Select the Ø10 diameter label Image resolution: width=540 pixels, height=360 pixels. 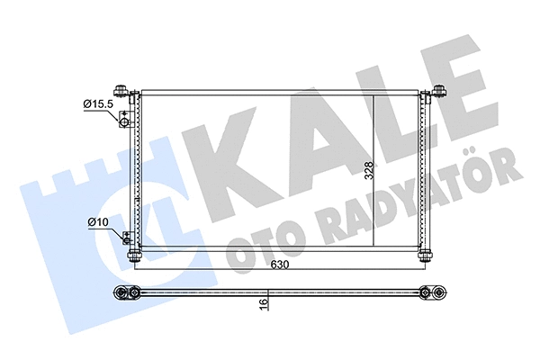click(x=98, y=221)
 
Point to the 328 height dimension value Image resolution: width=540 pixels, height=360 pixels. click(x=368, y=171)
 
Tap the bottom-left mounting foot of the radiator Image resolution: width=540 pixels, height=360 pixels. click(x=135, y=257)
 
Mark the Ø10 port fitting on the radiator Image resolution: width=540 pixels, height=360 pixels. click(x=127, y=238)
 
